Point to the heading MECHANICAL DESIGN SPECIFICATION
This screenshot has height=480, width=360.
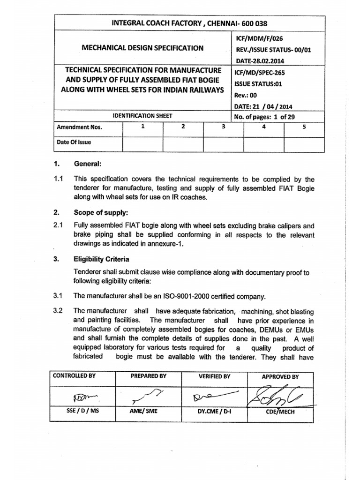[x=142, y=48]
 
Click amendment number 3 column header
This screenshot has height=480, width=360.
[x=224, y=127]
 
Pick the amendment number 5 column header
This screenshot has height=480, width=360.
[x=304, y=127]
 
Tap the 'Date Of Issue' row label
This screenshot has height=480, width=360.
[x=74, y=142]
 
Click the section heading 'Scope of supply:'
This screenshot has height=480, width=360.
[x=99, y=212]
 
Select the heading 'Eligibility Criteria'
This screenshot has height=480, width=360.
[x=101, y=259]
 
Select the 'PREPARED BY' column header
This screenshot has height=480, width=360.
[x=149, y=376]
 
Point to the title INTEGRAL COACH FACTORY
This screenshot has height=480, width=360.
[x=141, y=23]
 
